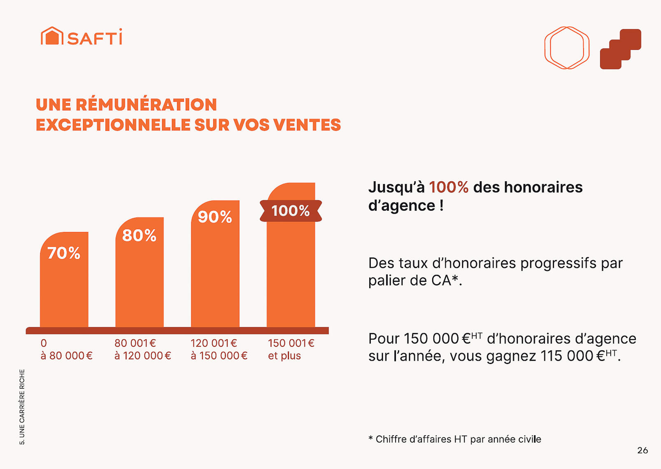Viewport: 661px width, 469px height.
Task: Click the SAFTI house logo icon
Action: click(52, 36)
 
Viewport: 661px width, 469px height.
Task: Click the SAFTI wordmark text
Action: click(95, 37)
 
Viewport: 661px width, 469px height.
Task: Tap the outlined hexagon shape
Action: click(567, 48)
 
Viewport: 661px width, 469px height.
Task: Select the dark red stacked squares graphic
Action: click(620, 49)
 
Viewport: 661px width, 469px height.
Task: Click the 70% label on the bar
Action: click(64, 253)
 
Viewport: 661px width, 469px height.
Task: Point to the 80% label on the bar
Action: click(139, 236)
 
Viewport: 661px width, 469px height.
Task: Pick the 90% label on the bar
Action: click(215, 217)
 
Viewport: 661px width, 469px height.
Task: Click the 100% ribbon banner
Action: click(291, 211)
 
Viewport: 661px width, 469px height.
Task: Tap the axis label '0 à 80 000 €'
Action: click(66, 349)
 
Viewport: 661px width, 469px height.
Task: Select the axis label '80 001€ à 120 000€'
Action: click(142, 349)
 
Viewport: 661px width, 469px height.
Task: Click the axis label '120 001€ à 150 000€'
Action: click(219, 349)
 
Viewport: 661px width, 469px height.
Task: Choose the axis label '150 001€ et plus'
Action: click(291, 349)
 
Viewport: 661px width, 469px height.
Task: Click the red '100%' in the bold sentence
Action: click(449, 187)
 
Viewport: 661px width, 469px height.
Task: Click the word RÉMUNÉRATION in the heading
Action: click(146, 105)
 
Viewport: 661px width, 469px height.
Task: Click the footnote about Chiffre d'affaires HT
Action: click(454, 439)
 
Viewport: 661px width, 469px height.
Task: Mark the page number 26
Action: click(642, 450)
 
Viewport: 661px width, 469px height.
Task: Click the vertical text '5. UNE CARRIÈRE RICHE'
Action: click(22, 406)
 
